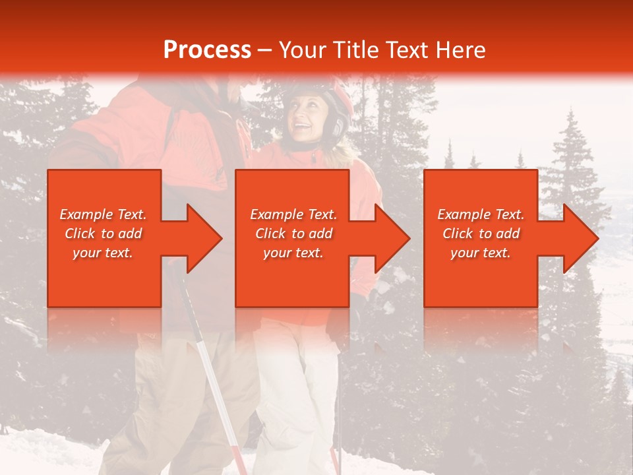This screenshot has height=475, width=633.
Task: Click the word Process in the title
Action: tap(207, 50)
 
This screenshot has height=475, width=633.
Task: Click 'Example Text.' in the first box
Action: tap(104, 214)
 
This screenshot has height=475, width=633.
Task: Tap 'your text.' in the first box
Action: tap(104, 253)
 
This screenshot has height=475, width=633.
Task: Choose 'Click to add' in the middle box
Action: tap(293, 234)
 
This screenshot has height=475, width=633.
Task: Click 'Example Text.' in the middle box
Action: tap(293, 214)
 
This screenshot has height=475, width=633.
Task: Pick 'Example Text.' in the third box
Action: tap(481, 214)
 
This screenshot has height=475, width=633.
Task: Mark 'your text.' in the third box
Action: tap(481, 253)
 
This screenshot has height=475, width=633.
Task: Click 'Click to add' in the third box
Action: tap(481, 234)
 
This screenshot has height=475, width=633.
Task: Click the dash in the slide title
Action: tap(265, 50)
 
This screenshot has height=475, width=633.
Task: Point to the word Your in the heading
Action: tap(301, 50)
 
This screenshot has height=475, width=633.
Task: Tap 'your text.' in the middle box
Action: tap(293, 253)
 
